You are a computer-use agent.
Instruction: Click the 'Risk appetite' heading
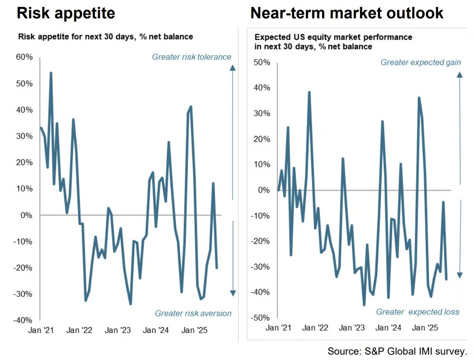tap(65, 13)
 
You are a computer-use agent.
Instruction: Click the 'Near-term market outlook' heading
tap(347, 13)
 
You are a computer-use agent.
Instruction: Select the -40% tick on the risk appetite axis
tap(24, 320)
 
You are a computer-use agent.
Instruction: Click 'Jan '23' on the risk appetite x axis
tap(117, 330)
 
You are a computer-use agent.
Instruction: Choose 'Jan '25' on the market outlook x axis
tap(425, 328)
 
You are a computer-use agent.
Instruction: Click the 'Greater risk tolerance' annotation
tap(192, 57)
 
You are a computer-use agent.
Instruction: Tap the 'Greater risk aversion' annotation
tap(193, 313)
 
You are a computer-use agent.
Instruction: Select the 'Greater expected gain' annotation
tap(420, 62)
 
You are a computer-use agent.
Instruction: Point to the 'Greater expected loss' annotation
tap(418, 312)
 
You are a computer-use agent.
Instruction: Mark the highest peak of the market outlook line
tap(309, 92)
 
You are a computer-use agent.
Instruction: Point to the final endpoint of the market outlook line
tap(446, 279)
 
